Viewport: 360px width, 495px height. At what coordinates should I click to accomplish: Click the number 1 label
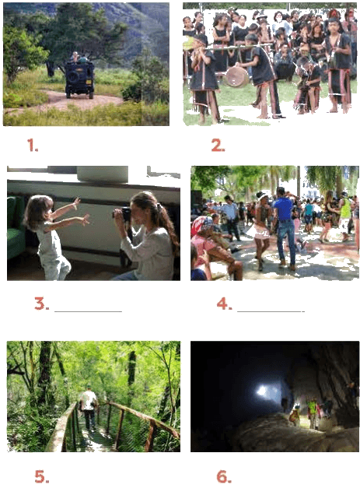pyautogui.click(x=33, y=145)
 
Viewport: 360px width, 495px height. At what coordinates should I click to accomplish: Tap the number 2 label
pyautogui.click(x=218, y=146)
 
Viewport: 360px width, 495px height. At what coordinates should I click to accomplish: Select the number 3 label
pyautogui.click(x=42, y=304)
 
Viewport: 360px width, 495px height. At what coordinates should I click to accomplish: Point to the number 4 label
pyautogui.click(x=225, y=304)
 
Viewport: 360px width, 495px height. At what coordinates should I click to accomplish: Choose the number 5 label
pyautogui.click(x=42, y=476)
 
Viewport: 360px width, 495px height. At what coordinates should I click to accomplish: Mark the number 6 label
pyautogui.click(x=224, y=476)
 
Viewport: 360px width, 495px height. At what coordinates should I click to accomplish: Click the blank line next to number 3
pyautogui.click(x=89, y=311)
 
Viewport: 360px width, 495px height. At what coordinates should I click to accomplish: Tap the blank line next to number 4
pyautogui.click(x=271, y=311)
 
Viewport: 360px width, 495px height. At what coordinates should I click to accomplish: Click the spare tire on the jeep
pyautogui.click(x=74, y=77)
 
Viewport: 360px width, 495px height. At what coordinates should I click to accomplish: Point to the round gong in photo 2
pyautogui.click(x=236, y=77)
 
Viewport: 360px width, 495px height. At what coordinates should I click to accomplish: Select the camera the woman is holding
pyautogui.click(x=123, y=214)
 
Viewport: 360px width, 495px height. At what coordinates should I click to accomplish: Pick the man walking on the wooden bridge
pyautogui.click(x=89, y=408)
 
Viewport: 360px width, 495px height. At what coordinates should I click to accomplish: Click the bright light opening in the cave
pyautogui.click(x=263, y=391)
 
